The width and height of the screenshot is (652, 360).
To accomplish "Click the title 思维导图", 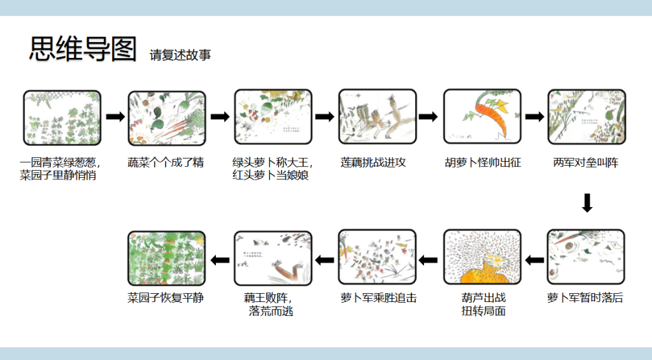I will tap(83, 50).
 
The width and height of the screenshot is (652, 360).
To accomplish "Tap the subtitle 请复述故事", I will tap(180, 55).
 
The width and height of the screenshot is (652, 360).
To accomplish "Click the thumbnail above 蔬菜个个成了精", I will tap(167, 117).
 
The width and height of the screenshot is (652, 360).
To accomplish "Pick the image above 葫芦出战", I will tap(482, 257).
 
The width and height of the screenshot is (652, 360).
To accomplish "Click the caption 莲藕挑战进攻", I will tap(372, 162).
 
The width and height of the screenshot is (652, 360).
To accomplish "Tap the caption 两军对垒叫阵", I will tap(586, 162).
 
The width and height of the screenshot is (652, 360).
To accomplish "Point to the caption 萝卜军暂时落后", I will tap(585, 298).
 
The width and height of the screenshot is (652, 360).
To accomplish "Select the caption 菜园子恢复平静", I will tap(166, 298).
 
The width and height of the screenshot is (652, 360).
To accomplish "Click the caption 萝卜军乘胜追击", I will tap(379, 298).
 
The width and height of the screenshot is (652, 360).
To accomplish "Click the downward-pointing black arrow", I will tap(587, 203).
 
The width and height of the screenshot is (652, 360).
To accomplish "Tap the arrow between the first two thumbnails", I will tap(115, 117).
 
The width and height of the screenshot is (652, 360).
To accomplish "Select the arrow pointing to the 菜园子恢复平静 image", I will tap(220, 259).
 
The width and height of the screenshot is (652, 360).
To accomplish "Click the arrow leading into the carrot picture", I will tap(429, 117).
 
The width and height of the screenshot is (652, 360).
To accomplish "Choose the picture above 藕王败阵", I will tap(273, 257).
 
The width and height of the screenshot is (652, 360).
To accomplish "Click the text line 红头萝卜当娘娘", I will tap(271, 175).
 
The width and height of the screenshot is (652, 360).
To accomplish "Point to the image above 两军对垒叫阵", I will tap(586, 117).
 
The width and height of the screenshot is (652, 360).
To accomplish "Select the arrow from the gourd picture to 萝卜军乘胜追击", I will tap(429, 259).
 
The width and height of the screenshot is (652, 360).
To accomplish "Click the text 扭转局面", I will tap(483, 312).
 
